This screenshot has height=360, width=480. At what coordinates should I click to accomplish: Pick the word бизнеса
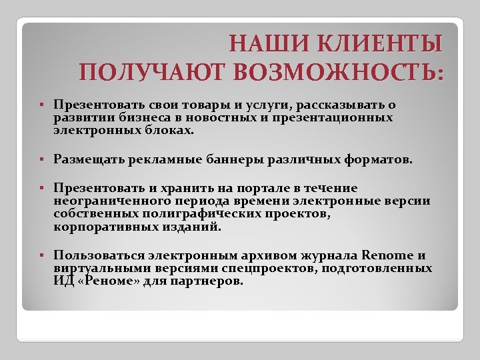[125, 117]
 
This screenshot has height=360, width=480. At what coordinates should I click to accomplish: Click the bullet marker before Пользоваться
[41, 255]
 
